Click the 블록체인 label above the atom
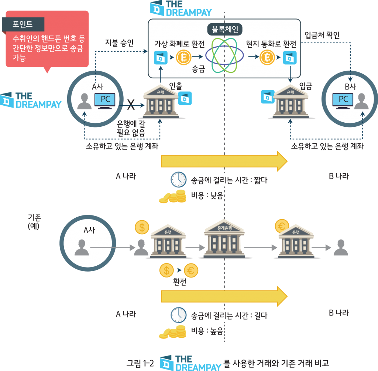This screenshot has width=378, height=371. [x=224, y=29]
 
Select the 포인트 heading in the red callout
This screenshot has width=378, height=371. [x=23, y=24]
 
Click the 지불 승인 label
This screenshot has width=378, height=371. [x=119, y=43]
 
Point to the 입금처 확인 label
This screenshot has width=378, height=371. [x=322, y=35]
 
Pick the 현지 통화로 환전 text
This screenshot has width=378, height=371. [x=271, y=45]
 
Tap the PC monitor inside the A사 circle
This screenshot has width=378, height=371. [x=105, y=101]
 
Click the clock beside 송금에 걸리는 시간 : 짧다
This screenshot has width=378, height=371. [x=178, y=180]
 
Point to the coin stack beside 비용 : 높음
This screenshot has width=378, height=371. [x=172, y=331]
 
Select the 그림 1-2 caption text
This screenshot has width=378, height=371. [x=140, y=363]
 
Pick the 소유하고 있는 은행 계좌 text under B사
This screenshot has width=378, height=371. [x=327, y=146]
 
